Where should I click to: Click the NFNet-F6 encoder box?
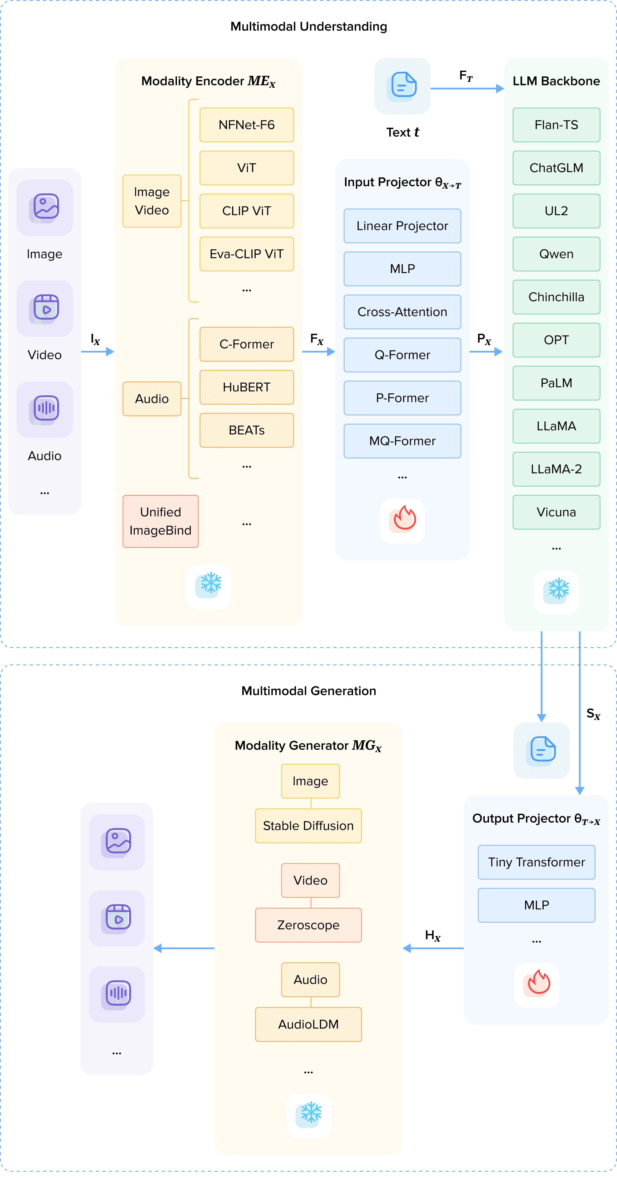(x=246, y=125)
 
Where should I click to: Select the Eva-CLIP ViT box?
(x=246, y=254)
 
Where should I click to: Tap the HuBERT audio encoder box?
(x=246, y=387)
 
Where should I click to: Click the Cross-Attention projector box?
(x=402, y=312)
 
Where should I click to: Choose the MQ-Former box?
(x=402, y=441)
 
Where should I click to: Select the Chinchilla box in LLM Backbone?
(x=556, y=297)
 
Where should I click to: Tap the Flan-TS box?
(x=556, y=125)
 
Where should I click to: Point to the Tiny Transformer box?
(x=536, y=862)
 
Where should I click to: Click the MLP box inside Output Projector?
(x=536, y=905)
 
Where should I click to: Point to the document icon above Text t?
(x=402, y=86)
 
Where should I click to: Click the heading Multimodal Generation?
(x=309, y=691)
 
